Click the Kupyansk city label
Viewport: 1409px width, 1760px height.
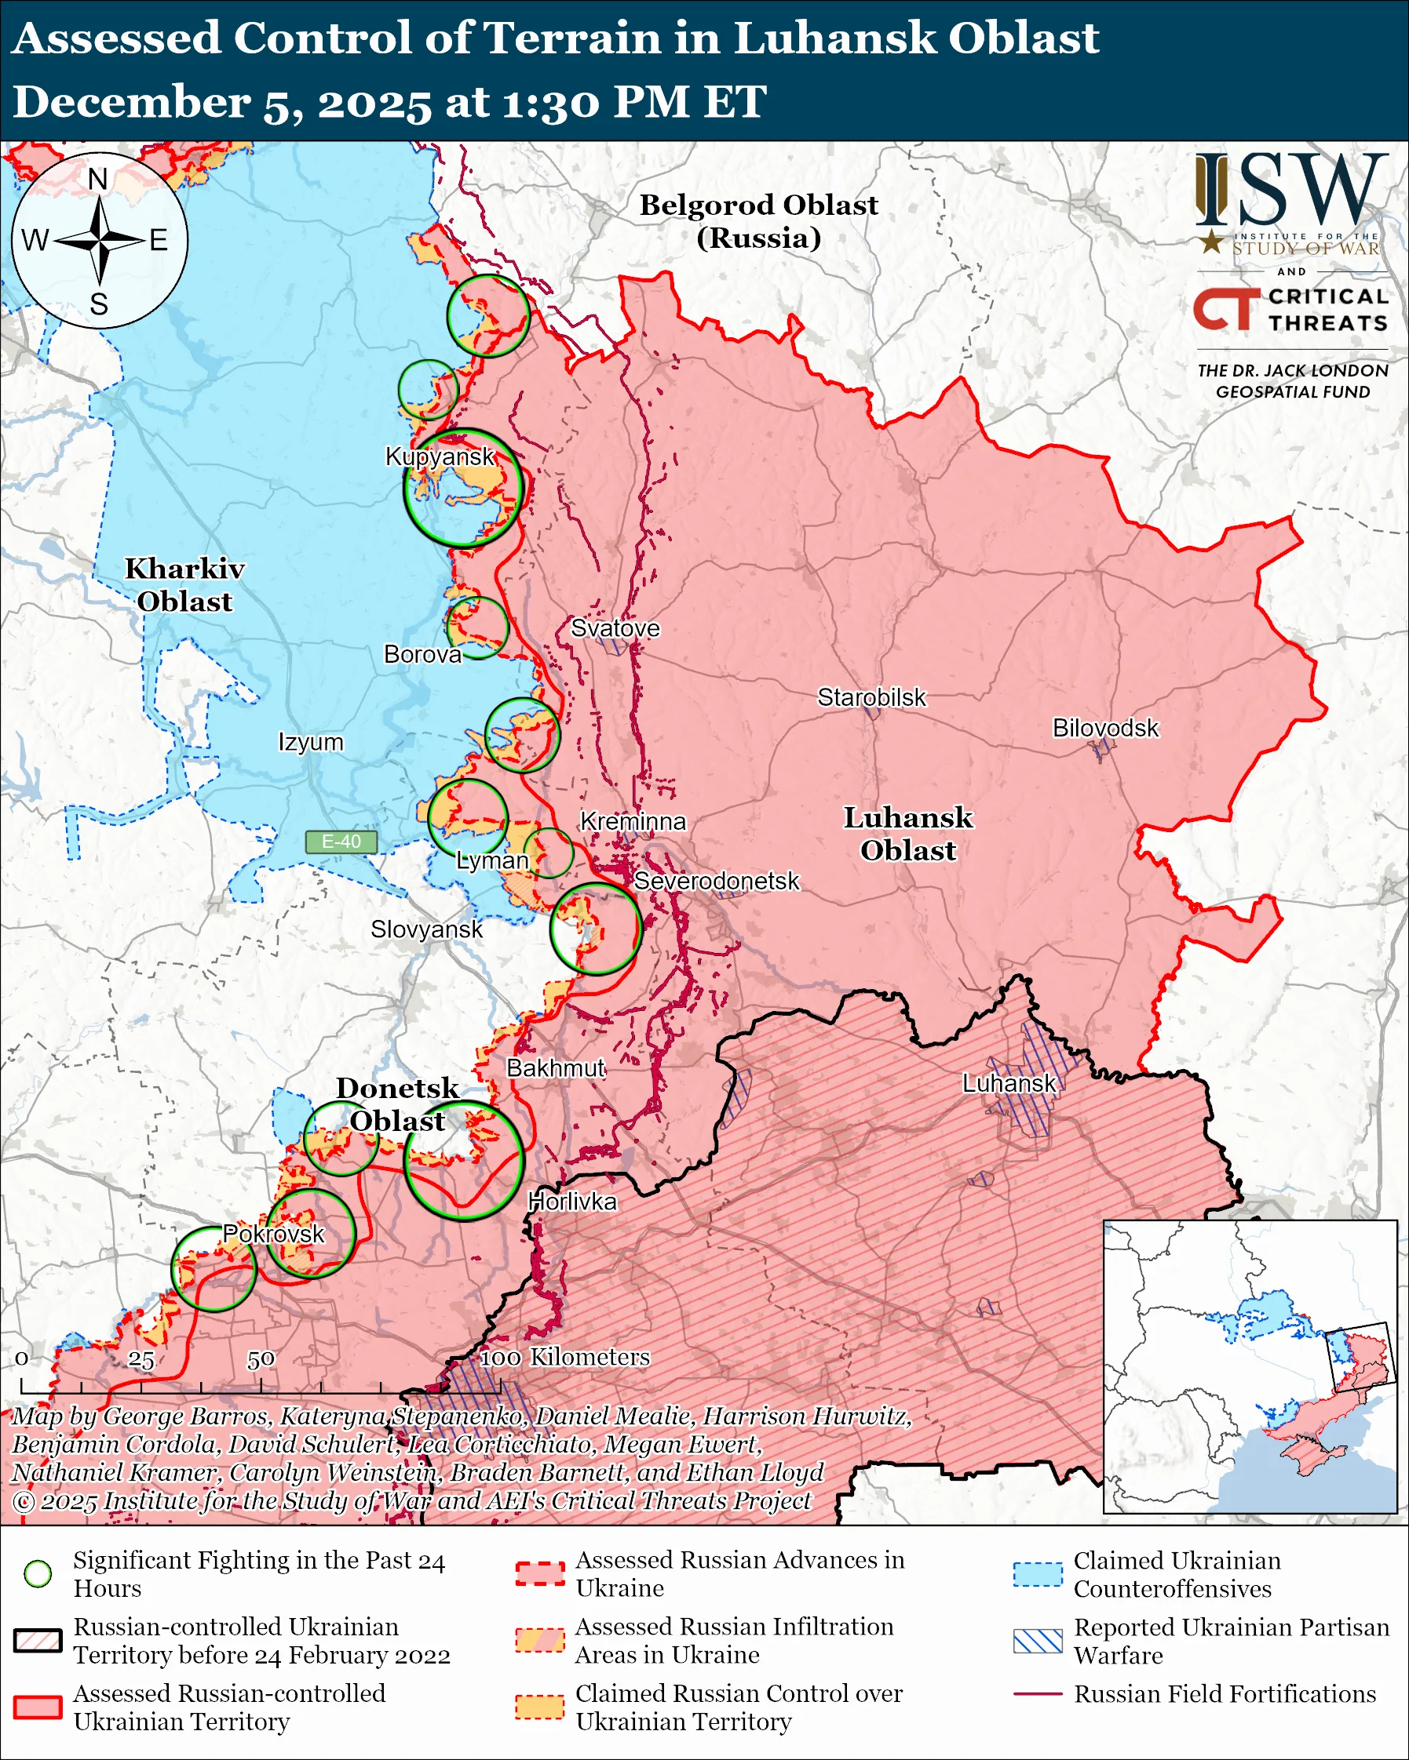(x=440, y=456)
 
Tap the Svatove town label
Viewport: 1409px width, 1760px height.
(x=615, y=627)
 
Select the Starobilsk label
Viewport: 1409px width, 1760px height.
(x=871, y=697)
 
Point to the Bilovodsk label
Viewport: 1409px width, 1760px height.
(x=1104, y=727)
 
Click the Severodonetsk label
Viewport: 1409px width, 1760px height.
(x=717, y=881)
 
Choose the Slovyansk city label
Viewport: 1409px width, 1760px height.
(x=426, y=929)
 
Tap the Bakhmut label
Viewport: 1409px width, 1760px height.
(x=556, y=1067)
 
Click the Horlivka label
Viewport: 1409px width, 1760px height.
(x=571, y=1201)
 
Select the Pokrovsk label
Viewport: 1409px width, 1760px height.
(x=274, y=1234)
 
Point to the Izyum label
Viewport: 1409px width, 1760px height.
(x=310, y=742)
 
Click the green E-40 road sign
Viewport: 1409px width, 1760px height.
(x=341, y=842)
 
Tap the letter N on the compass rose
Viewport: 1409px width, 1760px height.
(x=98, y=180)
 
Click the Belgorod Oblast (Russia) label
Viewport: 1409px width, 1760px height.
(x=758, y=220)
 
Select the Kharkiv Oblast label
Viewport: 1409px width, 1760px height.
(x=184, y=584)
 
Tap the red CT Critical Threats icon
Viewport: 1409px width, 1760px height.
(x=1225, y=308)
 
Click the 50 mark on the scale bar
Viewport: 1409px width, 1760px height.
(x=261, y=1359)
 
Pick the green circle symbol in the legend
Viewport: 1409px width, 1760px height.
(x=38, y=1574)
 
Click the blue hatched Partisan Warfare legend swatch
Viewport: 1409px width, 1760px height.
(x=1038, y=1641)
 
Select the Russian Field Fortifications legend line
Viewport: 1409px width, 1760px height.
(x=1038, y=1694)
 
